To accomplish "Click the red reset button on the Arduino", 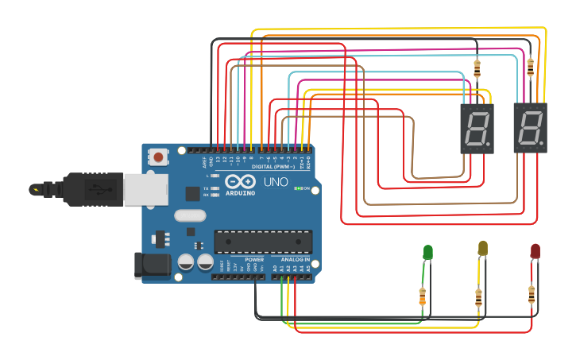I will pos(159,157).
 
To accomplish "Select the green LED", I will pos(427,252).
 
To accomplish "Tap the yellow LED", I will pos(482,249).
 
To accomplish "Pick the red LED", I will pos(535,252).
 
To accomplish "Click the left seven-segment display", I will pos(477,128).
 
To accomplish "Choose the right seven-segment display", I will pos(530,128).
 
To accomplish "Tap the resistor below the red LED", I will pos(531,295).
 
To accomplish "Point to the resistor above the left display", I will pos(477,68).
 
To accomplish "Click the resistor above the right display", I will pos(530,68).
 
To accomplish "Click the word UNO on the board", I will pos(275,183).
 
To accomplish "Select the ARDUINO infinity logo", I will pos(236,184).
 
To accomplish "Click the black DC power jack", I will pos(153,265).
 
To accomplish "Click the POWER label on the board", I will pos(254,260).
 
